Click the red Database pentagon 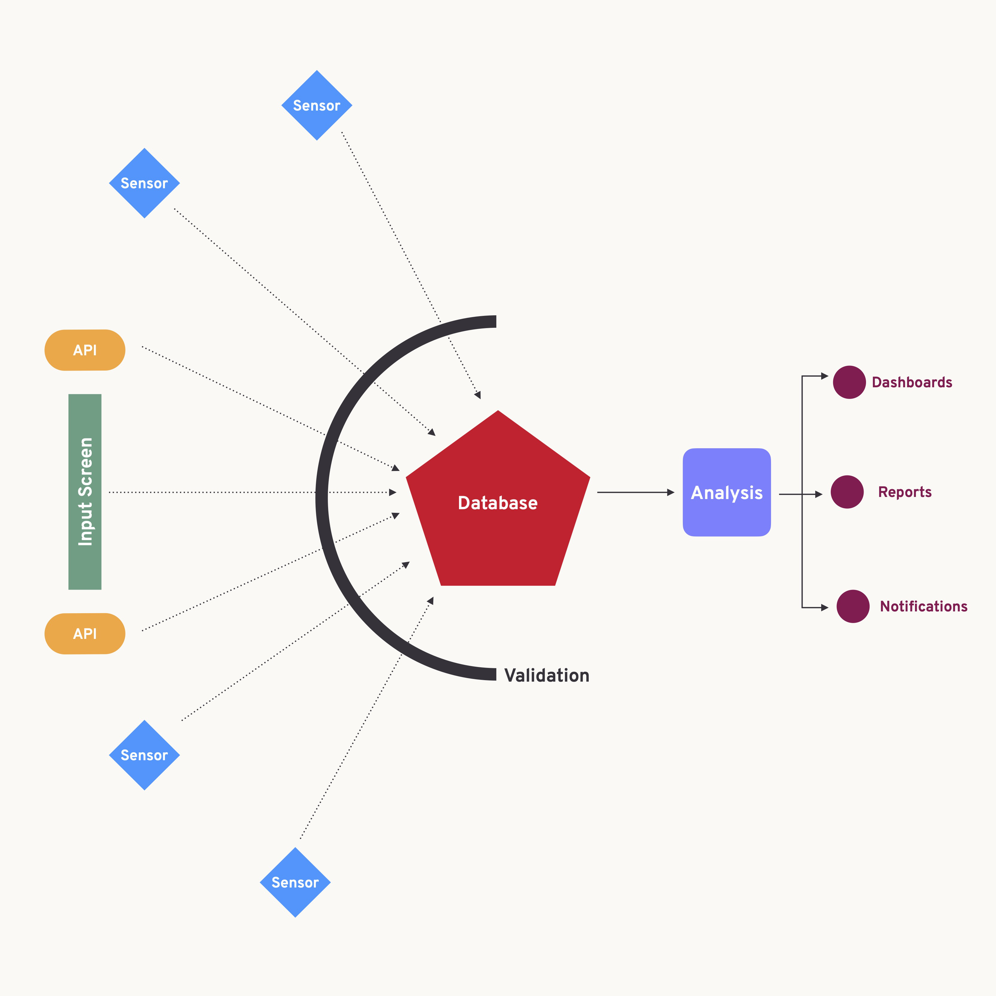498,503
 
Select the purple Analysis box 726,492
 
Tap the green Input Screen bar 85,492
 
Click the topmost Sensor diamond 316,105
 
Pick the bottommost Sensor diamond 295,882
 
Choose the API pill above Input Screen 85,350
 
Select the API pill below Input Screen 85,634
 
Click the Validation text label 547,675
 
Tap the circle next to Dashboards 849,382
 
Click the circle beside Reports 847,492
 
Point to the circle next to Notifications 853,606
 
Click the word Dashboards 911,382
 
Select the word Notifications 923,606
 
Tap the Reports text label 905,492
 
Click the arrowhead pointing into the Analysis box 671,492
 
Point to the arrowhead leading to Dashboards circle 824,376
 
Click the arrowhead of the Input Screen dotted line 393,492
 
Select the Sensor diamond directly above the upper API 144,183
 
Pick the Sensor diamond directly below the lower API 144,755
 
